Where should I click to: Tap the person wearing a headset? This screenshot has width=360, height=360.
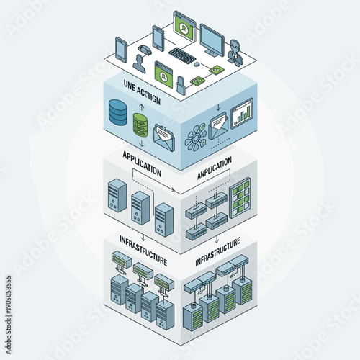[x=235, y=51]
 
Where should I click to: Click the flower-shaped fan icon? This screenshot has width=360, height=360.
[x=196, y=136]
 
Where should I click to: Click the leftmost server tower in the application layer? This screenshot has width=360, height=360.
[x=116, y=194]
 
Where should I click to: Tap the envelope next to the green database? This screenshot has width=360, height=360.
[x=165, y=136]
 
